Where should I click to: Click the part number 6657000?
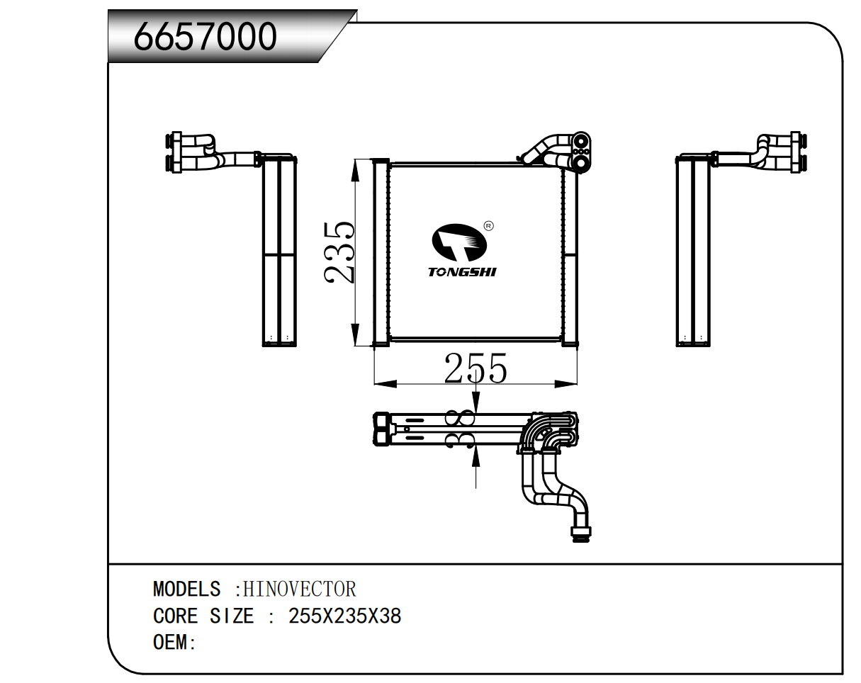(x=206, y=36)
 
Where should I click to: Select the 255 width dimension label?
(x=475, y=369)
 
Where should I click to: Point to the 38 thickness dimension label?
(x=461, y=429)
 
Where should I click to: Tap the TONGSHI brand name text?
(x=462, y=272)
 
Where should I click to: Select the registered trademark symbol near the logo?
(x=488, y=226)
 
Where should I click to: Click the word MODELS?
(x=186, y=589)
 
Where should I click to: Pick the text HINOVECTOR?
(x=299, y=589)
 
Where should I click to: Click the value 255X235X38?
(x=345, y=616)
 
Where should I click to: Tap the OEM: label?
(x=174, y=643)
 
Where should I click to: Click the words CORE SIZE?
(x=203, y=616)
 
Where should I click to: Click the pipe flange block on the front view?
(x=581, y=151)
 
